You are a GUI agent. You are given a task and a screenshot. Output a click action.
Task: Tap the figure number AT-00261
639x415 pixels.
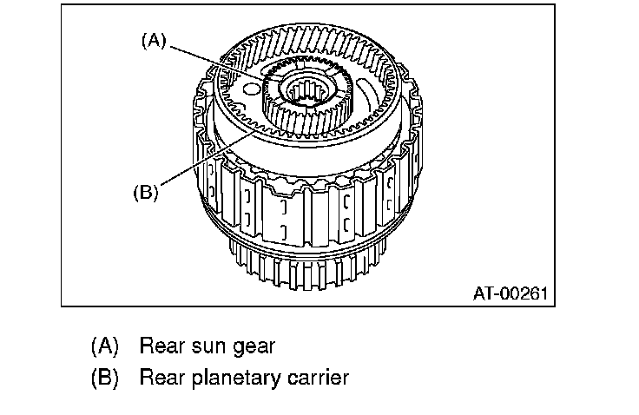pos(511,293)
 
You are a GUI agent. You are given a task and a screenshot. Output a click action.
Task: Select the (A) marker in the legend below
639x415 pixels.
pos(104,346)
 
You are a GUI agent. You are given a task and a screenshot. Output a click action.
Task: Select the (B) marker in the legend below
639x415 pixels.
pos(104,379)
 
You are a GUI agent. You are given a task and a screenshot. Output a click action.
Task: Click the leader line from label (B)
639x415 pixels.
pos(200,161)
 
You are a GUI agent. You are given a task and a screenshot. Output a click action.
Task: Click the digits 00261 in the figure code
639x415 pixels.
pos(524,293)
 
